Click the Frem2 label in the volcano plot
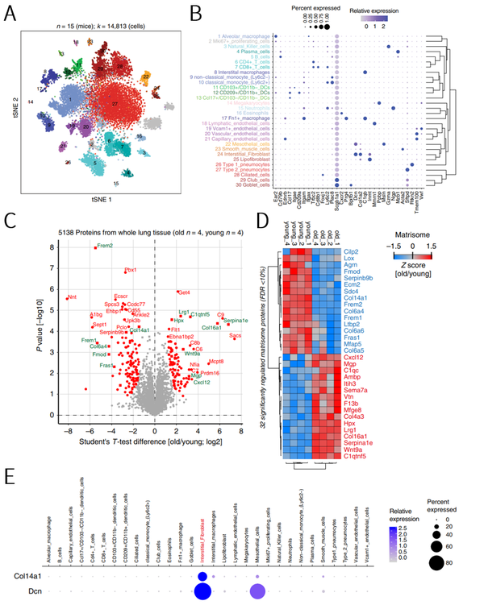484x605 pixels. (105, 245)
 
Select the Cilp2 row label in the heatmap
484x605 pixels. (375, 252)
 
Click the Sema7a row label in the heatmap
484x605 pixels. (378, 389)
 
